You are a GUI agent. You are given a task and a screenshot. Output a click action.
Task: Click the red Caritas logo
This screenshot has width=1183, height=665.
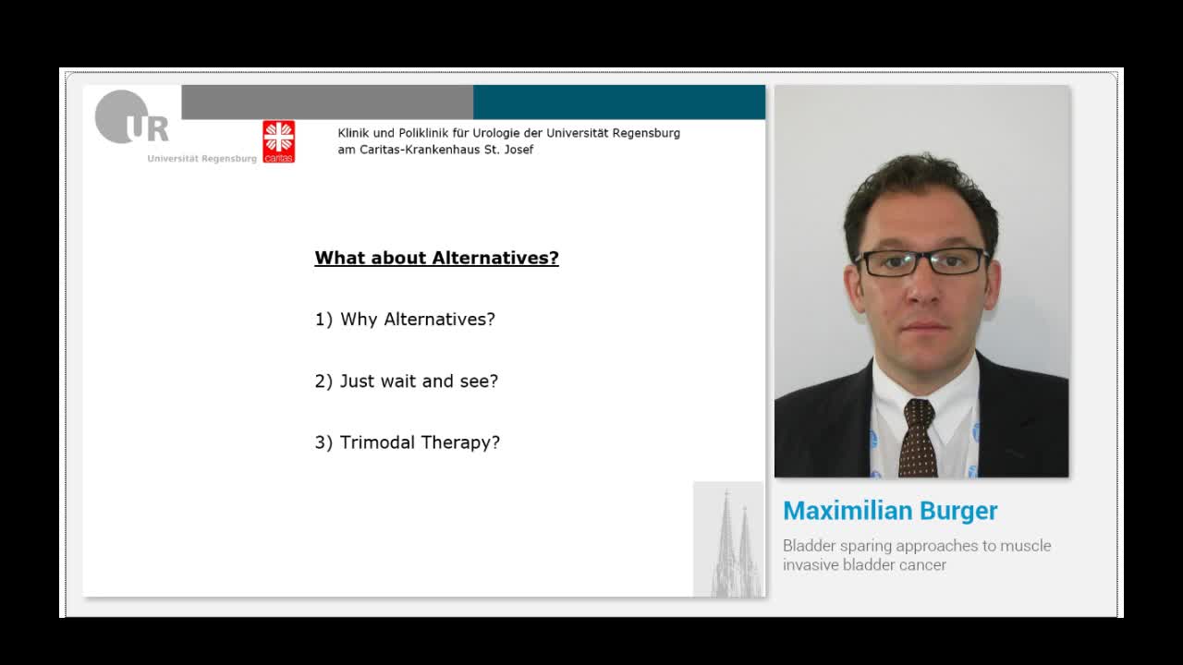point(278,141)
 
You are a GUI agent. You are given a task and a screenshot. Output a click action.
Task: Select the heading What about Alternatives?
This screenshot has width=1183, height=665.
point(436,259)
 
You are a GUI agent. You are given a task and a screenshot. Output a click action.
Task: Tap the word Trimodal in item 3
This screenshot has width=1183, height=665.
point(377,442)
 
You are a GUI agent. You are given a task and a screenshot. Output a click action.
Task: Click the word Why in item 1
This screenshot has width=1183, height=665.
point(359,320)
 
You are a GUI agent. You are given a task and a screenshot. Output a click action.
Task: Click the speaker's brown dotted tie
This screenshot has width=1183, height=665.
point(918,439)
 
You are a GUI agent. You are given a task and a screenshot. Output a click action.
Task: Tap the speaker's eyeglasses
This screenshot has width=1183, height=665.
point(922,261)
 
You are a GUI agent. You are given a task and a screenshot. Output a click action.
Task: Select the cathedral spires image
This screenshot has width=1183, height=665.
point(729,539)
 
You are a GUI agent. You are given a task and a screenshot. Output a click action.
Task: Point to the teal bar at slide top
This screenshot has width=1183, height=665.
point(619,102)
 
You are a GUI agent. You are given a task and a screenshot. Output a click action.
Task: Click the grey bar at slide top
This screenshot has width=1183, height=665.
point(327,102)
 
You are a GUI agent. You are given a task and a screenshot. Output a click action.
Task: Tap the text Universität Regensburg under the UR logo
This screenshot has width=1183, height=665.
point(201,159)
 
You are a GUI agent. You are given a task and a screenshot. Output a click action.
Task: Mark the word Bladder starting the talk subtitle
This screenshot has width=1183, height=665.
point(809,546)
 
